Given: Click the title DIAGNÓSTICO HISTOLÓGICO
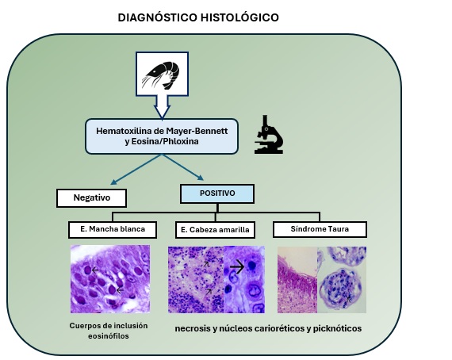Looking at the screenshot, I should pos(197,17).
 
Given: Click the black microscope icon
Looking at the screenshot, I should pos(269,134).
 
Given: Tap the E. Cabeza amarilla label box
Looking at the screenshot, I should pos(214,230).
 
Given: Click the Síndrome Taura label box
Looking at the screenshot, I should pos(320,229).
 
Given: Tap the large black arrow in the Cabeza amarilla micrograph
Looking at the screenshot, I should pos(239,267).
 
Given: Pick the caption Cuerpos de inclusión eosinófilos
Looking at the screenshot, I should pos(109,331).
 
